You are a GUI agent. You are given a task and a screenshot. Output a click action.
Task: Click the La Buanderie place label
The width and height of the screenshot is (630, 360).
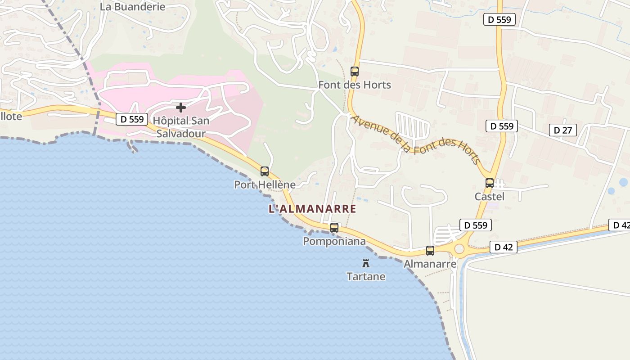(x=132, y=7)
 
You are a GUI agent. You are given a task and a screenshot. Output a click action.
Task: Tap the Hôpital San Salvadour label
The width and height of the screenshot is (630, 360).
(x=181, y=127)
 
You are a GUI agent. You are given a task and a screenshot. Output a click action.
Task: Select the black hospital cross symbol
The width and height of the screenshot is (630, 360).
(x=181, y=108)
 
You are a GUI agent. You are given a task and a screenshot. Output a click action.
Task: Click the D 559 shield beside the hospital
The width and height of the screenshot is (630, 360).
(x=132, y=119)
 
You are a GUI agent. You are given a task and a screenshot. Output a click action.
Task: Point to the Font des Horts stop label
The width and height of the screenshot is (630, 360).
(x=355, y=85)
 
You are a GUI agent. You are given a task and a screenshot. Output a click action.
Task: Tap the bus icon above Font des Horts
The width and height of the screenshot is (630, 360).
(x=355, y=71)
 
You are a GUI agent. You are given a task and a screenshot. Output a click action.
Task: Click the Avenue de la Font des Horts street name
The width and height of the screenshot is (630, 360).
(x=416, y=140)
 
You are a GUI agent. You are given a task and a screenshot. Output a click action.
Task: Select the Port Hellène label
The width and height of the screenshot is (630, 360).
(x=265, y=184)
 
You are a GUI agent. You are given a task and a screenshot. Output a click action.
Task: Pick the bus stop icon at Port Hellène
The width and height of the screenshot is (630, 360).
(x=265, y=171)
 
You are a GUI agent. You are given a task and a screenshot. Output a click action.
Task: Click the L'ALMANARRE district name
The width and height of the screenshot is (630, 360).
(x=312, y=209)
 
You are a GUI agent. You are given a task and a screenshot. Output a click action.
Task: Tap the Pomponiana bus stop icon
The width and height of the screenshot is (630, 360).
(x=334, y=228)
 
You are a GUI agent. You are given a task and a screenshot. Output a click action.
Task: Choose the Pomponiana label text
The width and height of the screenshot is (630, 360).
(x=334, y=241)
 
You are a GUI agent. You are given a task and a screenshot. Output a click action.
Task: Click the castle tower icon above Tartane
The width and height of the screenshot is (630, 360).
(x=366, y=263)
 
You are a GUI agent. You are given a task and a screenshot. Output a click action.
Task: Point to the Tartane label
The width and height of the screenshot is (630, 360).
(x=366, y=276)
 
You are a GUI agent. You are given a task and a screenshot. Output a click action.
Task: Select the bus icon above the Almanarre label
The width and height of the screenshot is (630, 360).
(x=430, y=251)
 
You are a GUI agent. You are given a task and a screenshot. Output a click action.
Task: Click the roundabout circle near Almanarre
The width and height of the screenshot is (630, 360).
(x=459, y=249)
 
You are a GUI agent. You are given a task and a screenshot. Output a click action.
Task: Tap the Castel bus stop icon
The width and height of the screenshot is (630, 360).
(x=490, y=183)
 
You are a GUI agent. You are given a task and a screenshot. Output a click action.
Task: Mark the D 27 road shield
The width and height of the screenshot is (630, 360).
(x=562, y=130)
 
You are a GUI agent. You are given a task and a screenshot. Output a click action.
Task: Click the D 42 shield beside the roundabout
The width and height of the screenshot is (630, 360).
(x=504, y=247)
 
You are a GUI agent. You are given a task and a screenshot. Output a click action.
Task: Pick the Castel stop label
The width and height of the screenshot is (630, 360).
(x=490, y=197)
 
